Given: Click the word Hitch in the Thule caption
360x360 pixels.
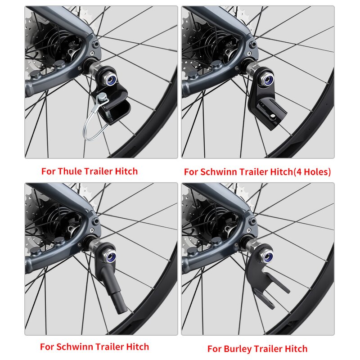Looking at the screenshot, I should [126, 171].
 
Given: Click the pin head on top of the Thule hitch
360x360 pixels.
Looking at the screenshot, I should [103, 96].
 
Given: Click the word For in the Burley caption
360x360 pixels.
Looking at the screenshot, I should [215, 349].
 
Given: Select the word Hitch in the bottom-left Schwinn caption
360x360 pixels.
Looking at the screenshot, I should [138, 347].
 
